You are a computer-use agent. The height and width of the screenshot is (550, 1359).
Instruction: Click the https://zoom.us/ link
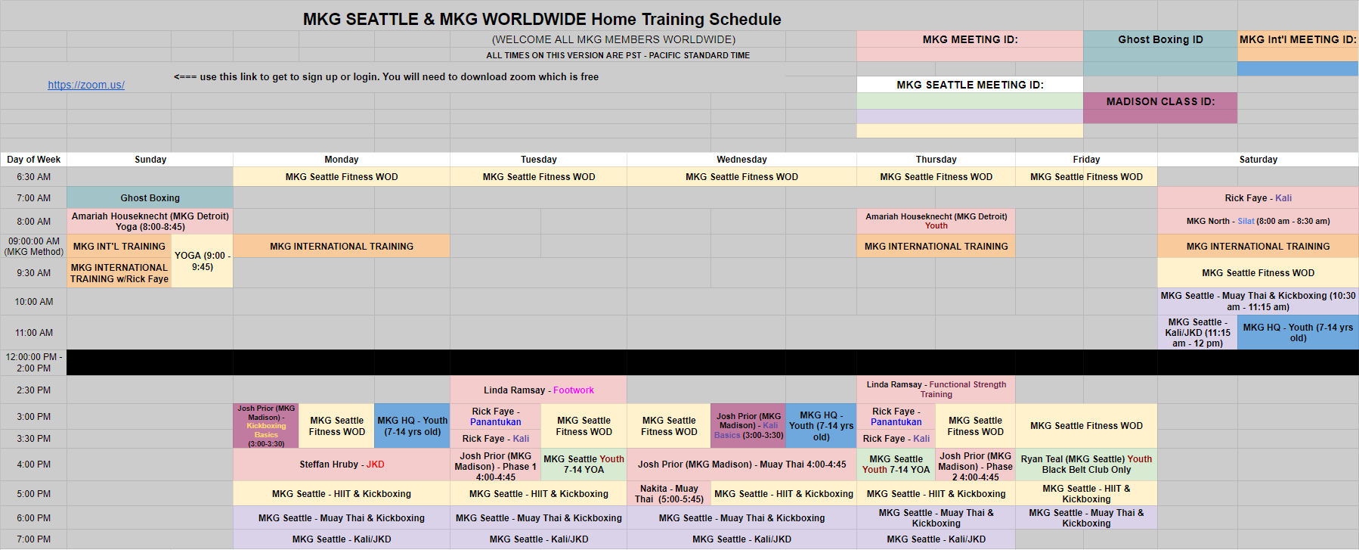point(86,85)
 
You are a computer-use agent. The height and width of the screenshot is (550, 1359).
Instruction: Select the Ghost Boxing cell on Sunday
point(150,198)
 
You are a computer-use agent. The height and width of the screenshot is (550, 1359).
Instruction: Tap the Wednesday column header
point(741,160)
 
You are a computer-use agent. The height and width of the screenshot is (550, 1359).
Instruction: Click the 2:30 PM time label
point(33,390)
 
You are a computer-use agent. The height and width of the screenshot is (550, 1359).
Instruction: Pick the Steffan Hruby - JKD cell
point(342,465)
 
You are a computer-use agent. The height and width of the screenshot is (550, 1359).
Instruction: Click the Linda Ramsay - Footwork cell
point(538,390)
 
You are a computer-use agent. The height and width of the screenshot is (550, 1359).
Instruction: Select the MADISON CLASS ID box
point(1160,107)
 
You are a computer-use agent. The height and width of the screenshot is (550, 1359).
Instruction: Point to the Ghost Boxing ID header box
point(1160,39)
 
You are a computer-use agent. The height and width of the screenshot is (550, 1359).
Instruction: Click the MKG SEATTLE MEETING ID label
point(970,85)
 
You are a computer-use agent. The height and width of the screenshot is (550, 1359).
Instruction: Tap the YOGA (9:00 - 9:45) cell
point(203,261)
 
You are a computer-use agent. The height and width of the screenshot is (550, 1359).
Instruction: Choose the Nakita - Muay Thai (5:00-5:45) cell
point(669,494)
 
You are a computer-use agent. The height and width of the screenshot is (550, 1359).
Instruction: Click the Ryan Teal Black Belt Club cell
point(1086,465)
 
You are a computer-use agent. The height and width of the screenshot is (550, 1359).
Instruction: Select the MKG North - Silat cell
point(1258,222)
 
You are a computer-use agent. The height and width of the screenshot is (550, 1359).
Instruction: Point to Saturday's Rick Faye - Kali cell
point(1258,198)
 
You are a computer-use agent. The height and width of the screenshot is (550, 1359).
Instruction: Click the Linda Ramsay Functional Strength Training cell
point(936,390)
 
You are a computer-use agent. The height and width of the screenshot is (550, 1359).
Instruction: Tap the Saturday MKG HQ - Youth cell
point(1298,333)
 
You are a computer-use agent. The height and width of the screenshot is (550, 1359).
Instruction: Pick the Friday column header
point(1086,160)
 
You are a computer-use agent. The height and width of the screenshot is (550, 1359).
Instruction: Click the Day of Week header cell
point(33,160)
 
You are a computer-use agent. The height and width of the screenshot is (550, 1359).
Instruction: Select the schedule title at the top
point(542,19)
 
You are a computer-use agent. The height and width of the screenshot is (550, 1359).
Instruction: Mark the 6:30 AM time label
point(33,177)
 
